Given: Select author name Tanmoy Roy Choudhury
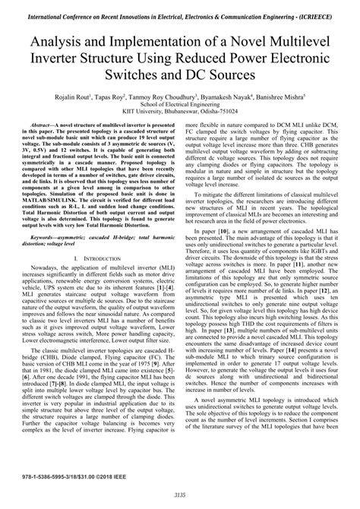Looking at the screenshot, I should tap(189, 98).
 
